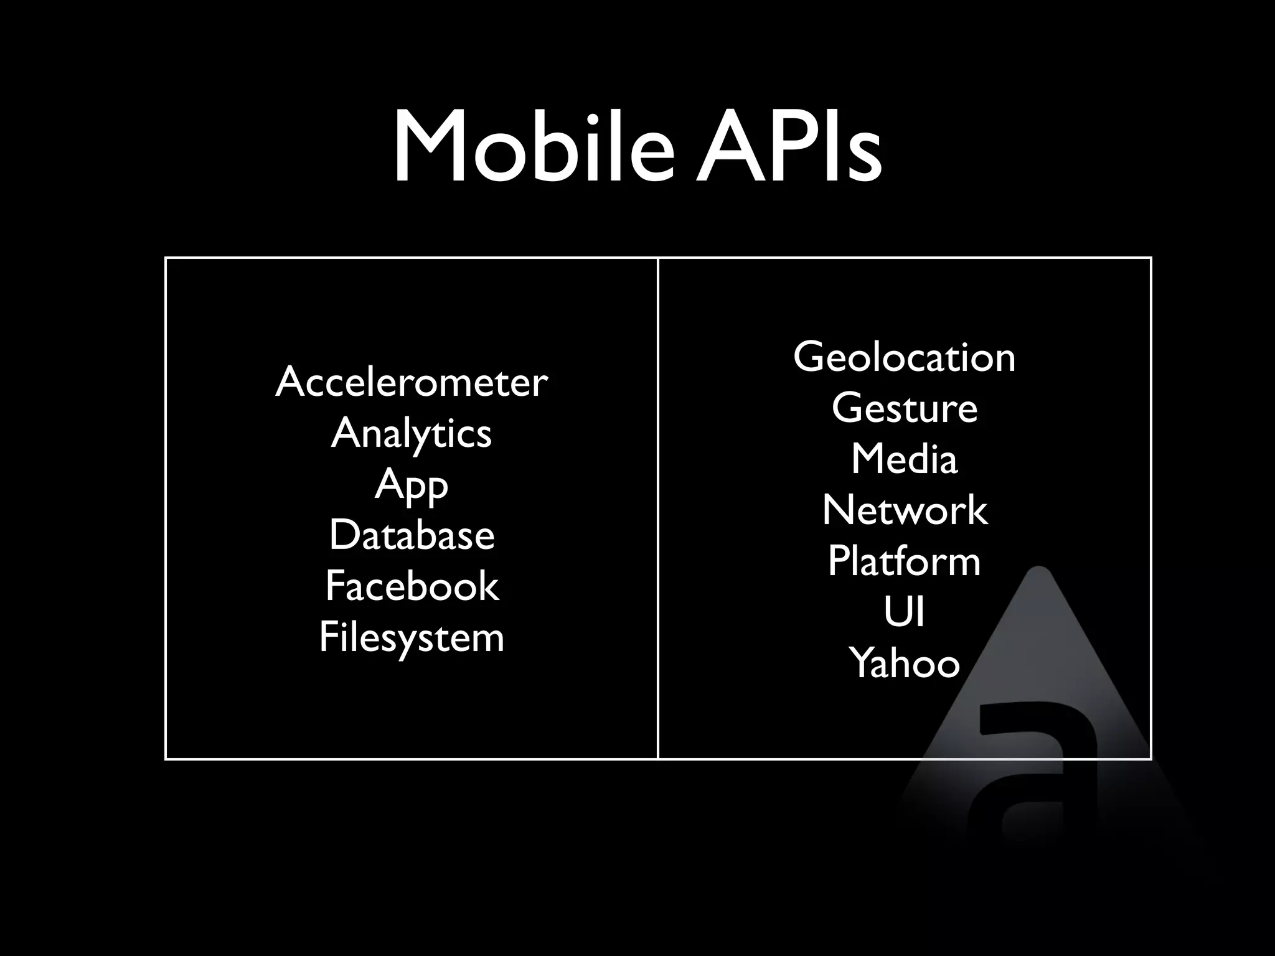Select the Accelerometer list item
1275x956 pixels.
[412, 382]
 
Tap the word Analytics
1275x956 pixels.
[412, 433]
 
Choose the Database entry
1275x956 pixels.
[412, 535]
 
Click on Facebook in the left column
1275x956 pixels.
[412, 586]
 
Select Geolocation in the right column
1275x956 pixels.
[904, 357]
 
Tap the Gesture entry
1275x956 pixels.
[904, 409]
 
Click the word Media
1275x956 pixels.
[904, 459]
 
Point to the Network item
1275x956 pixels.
[904, 510]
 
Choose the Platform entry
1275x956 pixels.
[904, 561]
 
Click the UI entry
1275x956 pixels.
[904, 612]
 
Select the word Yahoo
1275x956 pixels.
[904, 663]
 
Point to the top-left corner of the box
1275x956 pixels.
[166, 258]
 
